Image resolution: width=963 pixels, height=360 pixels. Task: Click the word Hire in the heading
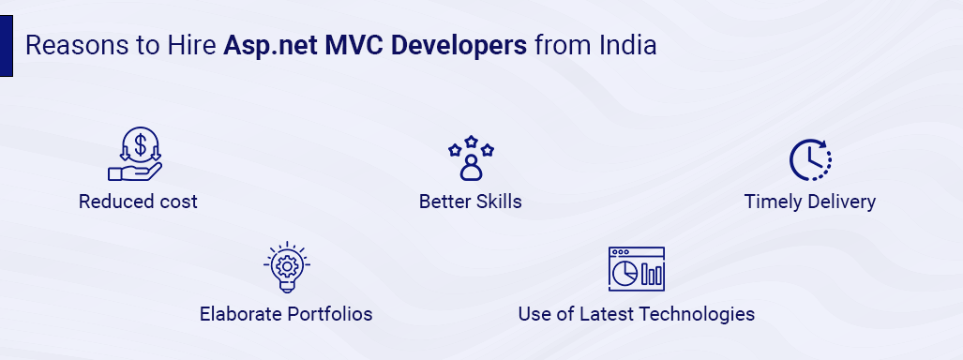pos(192,46)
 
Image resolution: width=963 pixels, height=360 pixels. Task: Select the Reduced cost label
pos(138,202)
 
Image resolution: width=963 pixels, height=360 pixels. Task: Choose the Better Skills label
pos(470,202)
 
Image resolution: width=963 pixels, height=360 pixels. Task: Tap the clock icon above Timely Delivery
pos(809,159)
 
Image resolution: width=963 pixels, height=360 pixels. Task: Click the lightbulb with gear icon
pos(286,268)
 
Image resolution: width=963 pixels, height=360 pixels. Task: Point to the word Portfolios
pos(326,314)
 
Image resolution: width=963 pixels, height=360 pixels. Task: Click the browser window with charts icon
pos(636,269)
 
